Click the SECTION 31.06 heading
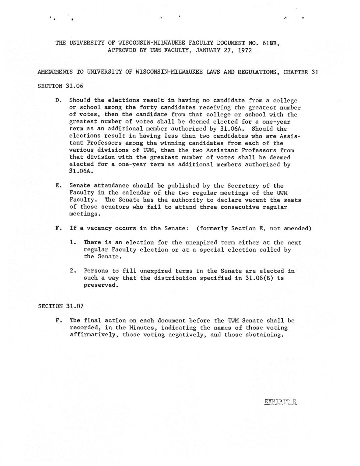60,86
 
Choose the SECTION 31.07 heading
60,306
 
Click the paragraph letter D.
58,100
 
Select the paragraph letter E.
58,186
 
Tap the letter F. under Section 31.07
58,320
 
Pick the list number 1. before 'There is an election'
72,242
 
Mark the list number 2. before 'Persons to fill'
72,271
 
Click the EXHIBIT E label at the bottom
280,402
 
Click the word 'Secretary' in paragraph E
241,186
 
